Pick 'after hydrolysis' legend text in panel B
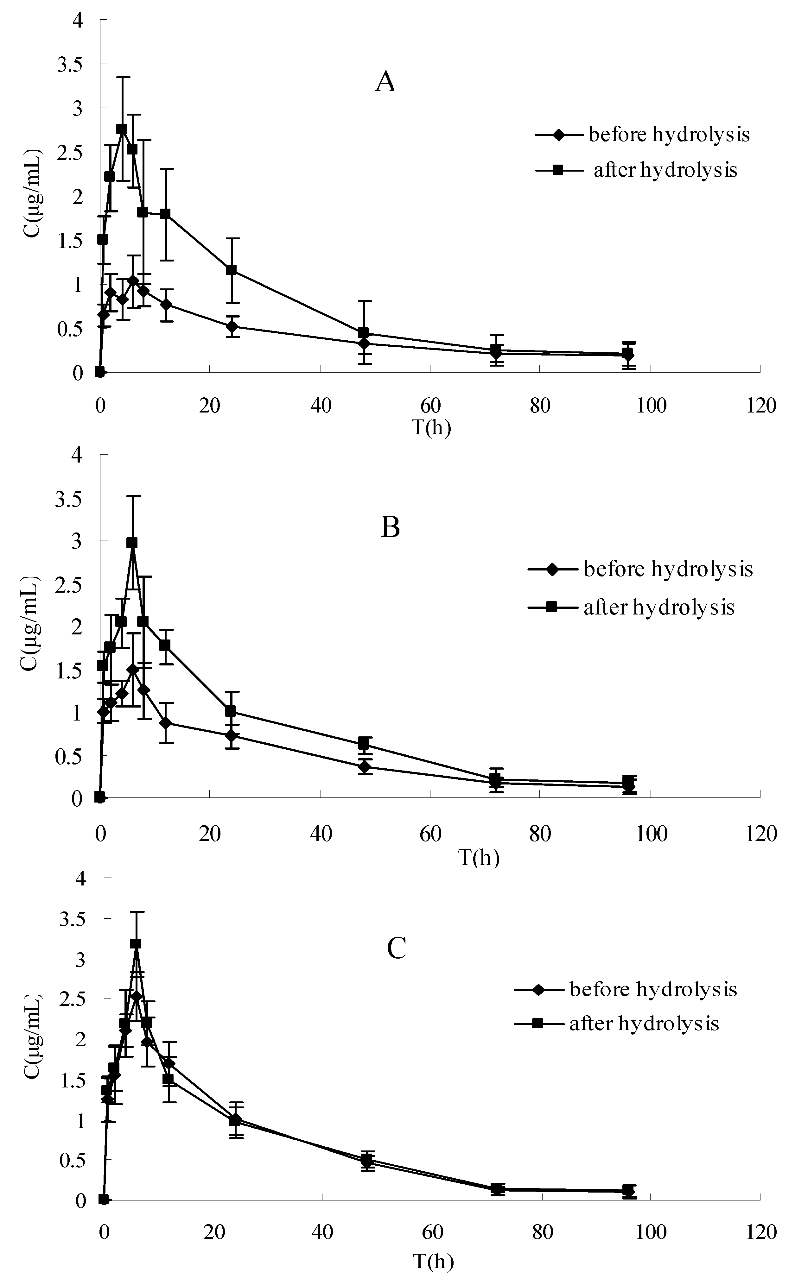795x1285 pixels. (659, 607)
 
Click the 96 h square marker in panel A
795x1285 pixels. (627, 353)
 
